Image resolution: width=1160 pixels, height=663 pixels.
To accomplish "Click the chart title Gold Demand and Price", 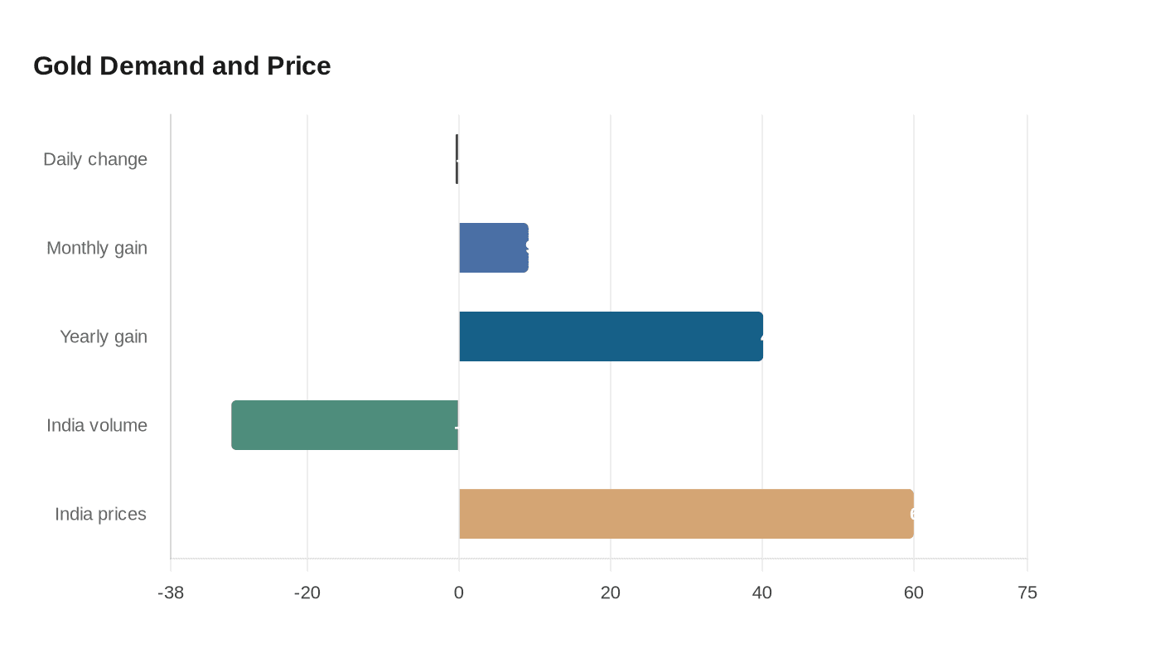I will [181, 65].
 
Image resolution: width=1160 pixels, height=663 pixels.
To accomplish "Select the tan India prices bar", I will [686, 514].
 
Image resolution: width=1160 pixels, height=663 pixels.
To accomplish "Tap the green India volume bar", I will [345, 425].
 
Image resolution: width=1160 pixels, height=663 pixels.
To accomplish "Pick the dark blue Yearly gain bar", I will [611, 336].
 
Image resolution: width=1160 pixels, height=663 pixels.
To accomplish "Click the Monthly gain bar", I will [494, 248].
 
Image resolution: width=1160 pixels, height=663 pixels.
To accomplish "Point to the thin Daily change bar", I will [457, 159].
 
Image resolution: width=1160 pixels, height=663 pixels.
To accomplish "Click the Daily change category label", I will [95, 159].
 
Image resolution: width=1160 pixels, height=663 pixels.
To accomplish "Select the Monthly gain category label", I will [97, 248].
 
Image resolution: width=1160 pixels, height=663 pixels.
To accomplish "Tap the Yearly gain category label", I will [104, 336].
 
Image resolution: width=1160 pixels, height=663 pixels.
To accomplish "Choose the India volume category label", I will [97, 425].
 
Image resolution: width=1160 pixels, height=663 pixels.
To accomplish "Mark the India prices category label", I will [100, 514].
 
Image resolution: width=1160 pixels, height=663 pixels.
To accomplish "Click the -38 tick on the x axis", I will [171, 593].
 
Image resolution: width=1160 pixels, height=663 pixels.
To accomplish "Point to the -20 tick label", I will [307, 593].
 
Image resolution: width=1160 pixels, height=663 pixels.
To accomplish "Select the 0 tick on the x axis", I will [459, 593].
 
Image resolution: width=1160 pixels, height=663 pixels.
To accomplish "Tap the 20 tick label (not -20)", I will [611, 593].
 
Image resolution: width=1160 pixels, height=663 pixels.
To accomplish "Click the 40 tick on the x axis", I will [762, 593].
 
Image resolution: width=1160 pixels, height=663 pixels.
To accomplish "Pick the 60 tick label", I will [914, 593].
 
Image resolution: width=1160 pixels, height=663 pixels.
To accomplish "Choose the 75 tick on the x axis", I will [1027, 593].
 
